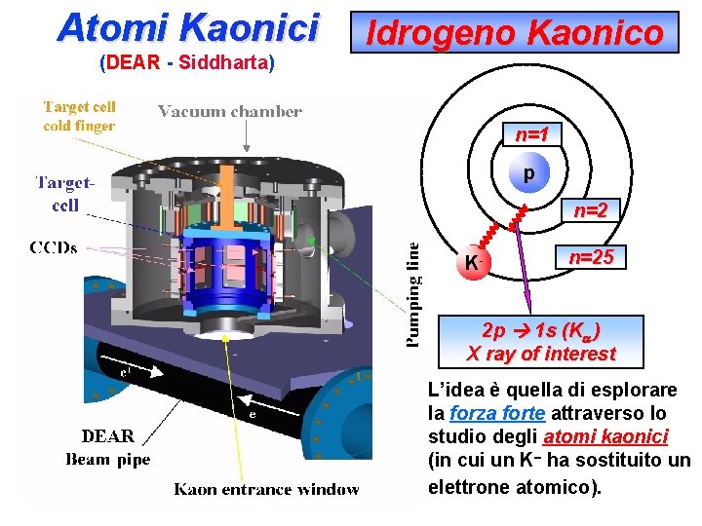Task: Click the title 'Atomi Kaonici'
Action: (x=188, y=27)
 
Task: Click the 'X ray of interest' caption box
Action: (x=541, y=341)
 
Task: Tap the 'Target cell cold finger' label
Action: (x=79, y=116)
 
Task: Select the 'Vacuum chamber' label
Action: (x=230, y=112)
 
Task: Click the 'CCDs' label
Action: (x=55, y=247)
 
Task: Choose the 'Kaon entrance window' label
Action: (x=266, y=489)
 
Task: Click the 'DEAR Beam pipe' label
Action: (x=108, y=447)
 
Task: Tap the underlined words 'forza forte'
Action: (x=497, y=412)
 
